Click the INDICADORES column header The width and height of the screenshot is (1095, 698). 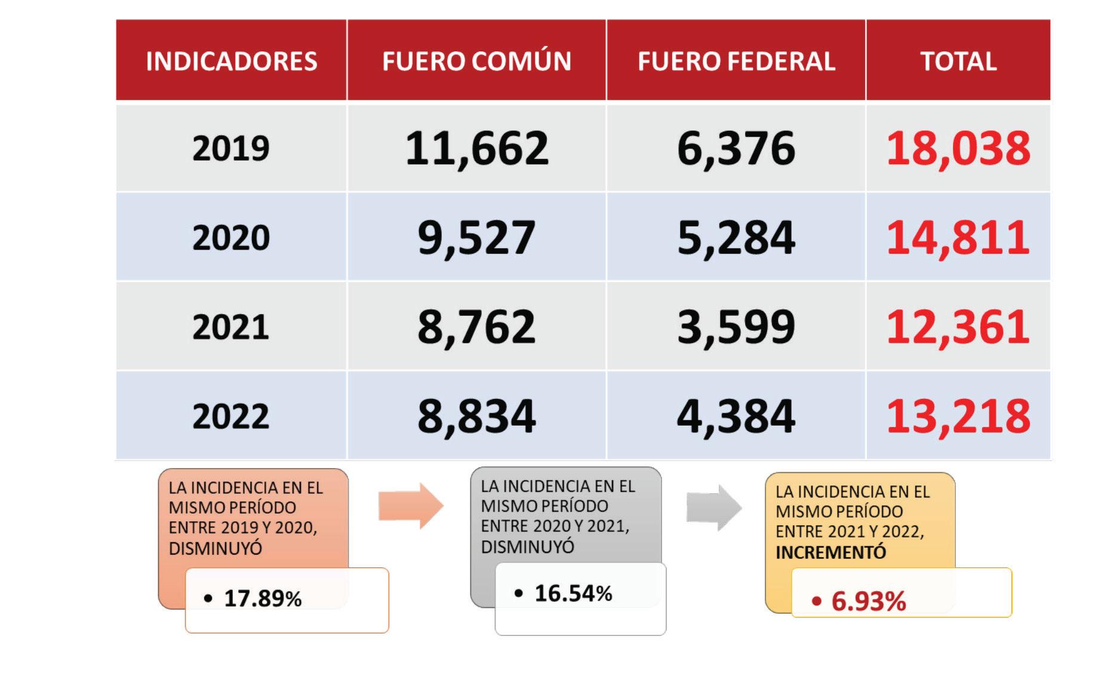(232, 62)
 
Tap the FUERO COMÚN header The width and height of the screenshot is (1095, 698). (476, 62)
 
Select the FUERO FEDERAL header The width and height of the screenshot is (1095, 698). (736, 62)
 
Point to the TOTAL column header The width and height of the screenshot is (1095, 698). (958, 62)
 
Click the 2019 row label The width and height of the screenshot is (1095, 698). (231, 148)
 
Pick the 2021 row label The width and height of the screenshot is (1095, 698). (231, 327)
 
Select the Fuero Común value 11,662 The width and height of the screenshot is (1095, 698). (476, 149)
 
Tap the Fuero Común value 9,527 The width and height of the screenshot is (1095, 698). (476, 238)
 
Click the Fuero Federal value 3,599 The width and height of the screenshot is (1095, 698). (736, 328)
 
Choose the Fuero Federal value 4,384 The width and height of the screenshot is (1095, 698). (736, 417)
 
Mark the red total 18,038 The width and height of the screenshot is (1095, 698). (958, 149)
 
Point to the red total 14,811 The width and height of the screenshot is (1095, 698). (958, 238)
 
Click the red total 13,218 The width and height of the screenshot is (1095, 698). (958, 417)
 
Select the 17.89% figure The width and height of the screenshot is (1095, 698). (263, 598)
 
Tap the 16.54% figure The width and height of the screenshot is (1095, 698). (573, 594)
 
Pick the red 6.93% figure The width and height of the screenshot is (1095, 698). (869, 601)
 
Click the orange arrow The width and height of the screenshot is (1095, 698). (411, 506)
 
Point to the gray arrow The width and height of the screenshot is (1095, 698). (714, 508)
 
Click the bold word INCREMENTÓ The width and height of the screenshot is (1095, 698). (831, 553)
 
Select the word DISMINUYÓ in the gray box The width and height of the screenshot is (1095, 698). (528, 547)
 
